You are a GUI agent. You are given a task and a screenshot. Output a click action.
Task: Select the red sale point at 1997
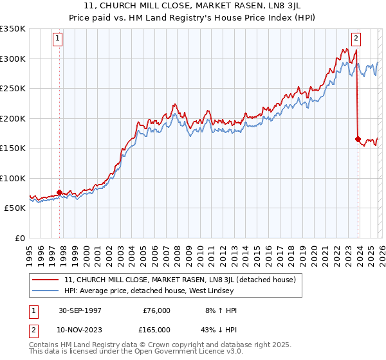[x=60, y=192]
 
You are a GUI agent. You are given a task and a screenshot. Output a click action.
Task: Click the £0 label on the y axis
[x=19, y=238]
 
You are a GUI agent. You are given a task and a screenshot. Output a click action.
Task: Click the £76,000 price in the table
[x=156, y=310]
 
